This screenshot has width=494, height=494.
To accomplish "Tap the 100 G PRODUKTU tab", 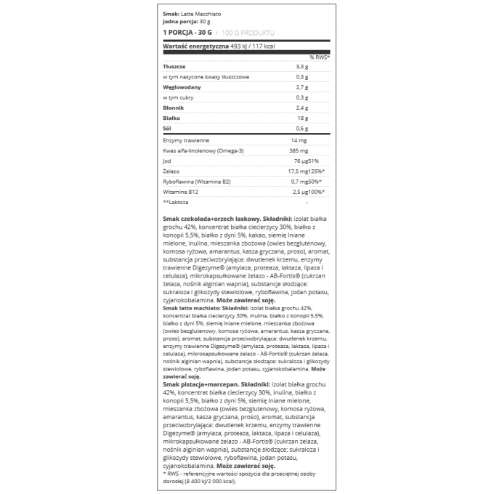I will tap(248, 33).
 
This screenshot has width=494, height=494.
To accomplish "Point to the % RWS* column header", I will tap(320, 56).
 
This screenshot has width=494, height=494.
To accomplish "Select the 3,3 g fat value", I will tap(302, 66).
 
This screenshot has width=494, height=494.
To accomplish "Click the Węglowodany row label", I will tap(182, 86).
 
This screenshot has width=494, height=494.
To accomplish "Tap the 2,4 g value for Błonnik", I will tap(302, 107).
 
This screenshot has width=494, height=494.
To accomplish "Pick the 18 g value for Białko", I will tap(304, 117).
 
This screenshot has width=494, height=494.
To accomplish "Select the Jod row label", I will tap(167, 161).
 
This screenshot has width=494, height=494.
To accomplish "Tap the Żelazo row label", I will tap(172, 171).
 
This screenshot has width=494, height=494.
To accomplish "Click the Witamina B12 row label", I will tap(180, 192).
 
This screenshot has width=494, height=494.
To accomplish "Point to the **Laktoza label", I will tap(177, 202).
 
